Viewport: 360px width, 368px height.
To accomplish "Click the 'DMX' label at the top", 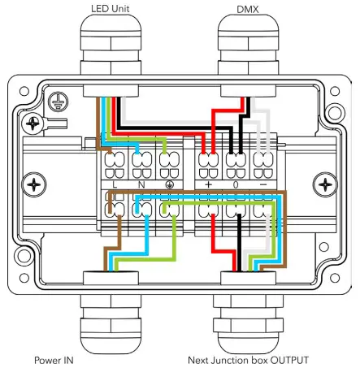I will pyautogui.click(x=249, y=9).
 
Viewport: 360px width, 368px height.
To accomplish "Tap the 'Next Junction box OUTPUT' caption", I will pyautogui.click(x=249, y=359).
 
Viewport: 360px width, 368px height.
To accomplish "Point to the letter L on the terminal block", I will pyautogui.click(x=115, y=185).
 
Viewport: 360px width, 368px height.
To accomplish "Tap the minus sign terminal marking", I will pyautogui.click(x=262, y=185).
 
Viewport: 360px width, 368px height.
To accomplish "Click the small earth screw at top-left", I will pyautogui.click(x=34, y=124).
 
